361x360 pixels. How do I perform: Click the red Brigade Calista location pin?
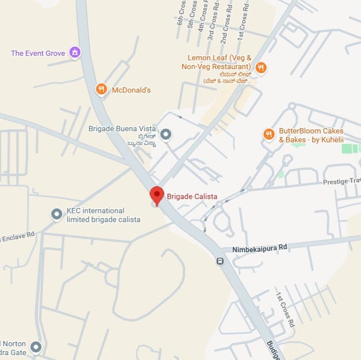coord(156,195)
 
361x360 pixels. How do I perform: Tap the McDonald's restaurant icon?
coord(101,90)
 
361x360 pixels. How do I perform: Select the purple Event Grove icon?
coord(75,52)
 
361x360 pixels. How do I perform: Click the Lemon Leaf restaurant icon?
coord(261,67)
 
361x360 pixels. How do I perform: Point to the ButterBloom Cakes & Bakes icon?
coord(268,134)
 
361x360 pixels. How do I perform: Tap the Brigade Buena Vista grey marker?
coord(166,134)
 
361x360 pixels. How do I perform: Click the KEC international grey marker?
coord(57,215)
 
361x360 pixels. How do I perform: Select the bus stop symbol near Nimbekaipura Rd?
coord(220,261)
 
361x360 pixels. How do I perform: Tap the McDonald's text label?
coord(131,90)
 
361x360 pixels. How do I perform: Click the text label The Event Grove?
coord(38,53)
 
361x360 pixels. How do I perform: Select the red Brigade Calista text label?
coord(192,196)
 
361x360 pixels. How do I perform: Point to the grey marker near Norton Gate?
coord(36,346)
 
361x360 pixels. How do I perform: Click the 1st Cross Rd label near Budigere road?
coord(285,309)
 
